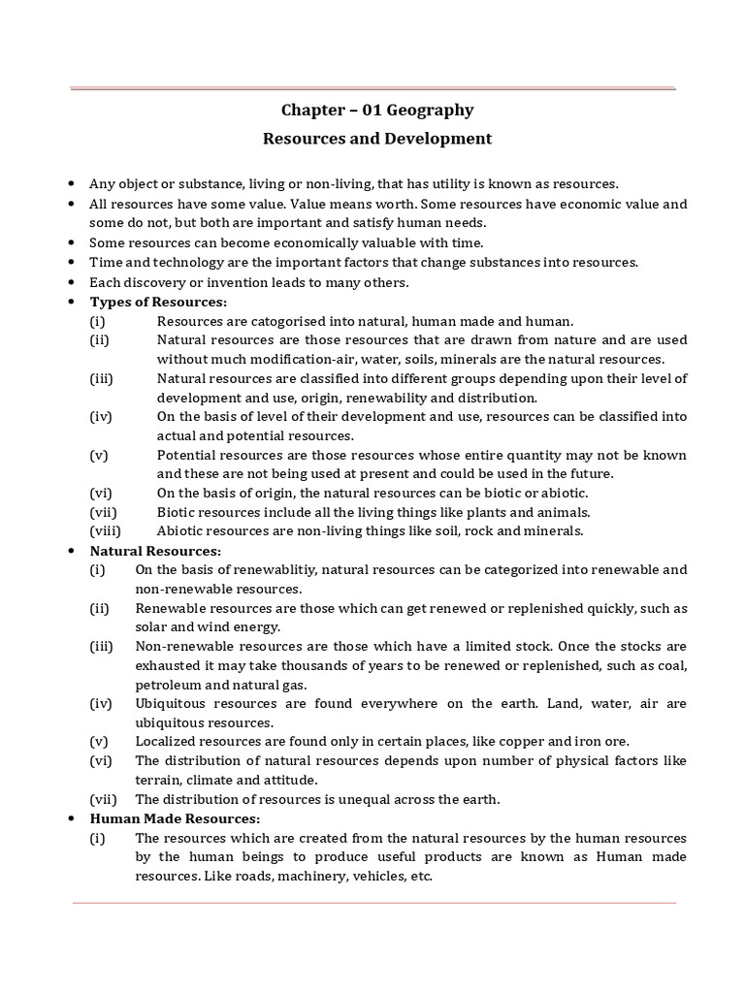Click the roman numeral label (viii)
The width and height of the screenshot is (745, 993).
(104, 530)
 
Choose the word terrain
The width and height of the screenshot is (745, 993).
(159, 780)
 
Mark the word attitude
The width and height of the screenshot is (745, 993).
(288, 780)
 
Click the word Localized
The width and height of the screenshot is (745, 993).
(168, 742)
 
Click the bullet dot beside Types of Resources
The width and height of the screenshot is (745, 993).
(73, 302)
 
